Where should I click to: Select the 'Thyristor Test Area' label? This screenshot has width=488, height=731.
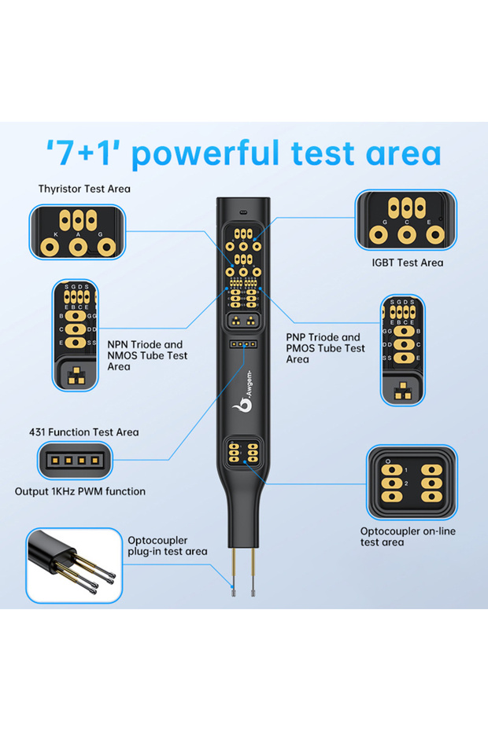pyautogui.click(x=84, y=189)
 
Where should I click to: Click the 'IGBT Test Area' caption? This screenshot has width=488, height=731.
pyautogui.click(x=406, y=263)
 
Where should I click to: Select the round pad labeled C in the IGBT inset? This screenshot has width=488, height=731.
pyautogui.click(x=406, y=236)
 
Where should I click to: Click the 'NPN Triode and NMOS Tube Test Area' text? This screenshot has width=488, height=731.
pyautogui.click(x=145, y=355)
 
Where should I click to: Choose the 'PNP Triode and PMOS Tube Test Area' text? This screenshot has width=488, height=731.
pyautogui.click(x=325, y=348)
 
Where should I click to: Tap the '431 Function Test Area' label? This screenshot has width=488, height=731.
pyautogui.click(x=83, y=432)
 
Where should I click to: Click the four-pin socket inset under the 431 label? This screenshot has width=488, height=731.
pyautogui.click(x=76, y=461)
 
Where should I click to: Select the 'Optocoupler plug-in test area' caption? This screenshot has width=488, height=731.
pyautogui.click(x=167, y=545)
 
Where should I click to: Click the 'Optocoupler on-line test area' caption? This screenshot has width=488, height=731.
pyautogui.click(x=407, y=537)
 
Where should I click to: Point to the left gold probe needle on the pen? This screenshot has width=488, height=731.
pyautogui.click(x=234, y=565)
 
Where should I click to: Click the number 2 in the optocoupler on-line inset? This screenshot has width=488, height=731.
pyautogui.click(x=405, y=483)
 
